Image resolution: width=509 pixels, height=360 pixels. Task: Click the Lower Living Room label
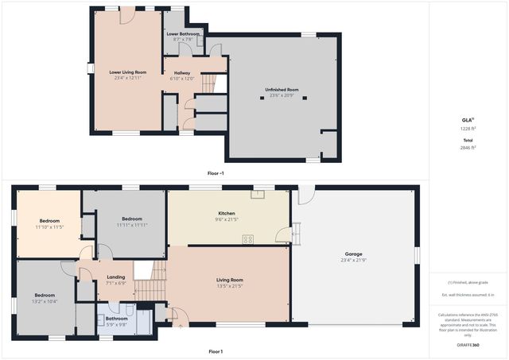[x=128, y=72]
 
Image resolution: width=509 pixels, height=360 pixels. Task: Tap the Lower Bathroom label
[x=183, y=34]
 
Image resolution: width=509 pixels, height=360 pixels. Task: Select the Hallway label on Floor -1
[x=182, y=72]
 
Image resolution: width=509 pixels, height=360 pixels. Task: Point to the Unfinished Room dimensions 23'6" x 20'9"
[x=282, y=95]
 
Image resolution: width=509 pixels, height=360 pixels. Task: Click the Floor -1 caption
[x=215, y=172]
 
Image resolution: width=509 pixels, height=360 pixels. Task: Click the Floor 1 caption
[x=216, y=351]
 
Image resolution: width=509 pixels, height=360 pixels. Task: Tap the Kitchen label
[x=227, y=213]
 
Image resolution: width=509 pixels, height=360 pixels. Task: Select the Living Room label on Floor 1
[x=230, y=280]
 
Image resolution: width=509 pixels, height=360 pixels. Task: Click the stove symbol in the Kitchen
[x=248, y=238]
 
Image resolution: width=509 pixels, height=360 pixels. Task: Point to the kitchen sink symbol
[x=258, y=193]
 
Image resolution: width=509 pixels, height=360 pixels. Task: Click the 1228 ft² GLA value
[x=468, y=129]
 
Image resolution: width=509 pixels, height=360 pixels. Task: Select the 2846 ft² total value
[x=468, y=147]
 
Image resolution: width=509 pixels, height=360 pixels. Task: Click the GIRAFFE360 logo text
[x=468, y=346]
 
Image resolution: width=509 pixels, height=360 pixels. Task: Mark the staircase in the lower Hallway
[x=208, y=82]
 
